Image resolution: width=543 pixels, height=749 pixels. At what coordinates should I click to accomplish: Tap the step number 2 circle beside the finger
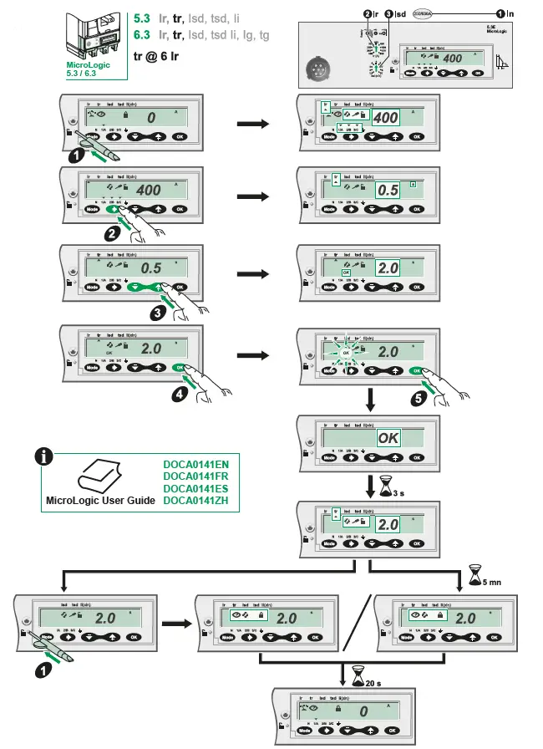(111, 235)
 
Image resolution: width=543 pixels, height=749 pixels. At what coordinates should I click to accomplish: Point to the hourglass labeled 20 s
(359, 675)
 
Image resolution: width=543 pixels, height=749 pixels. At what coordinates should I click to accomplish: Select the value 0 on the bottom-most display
(363, 711)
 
